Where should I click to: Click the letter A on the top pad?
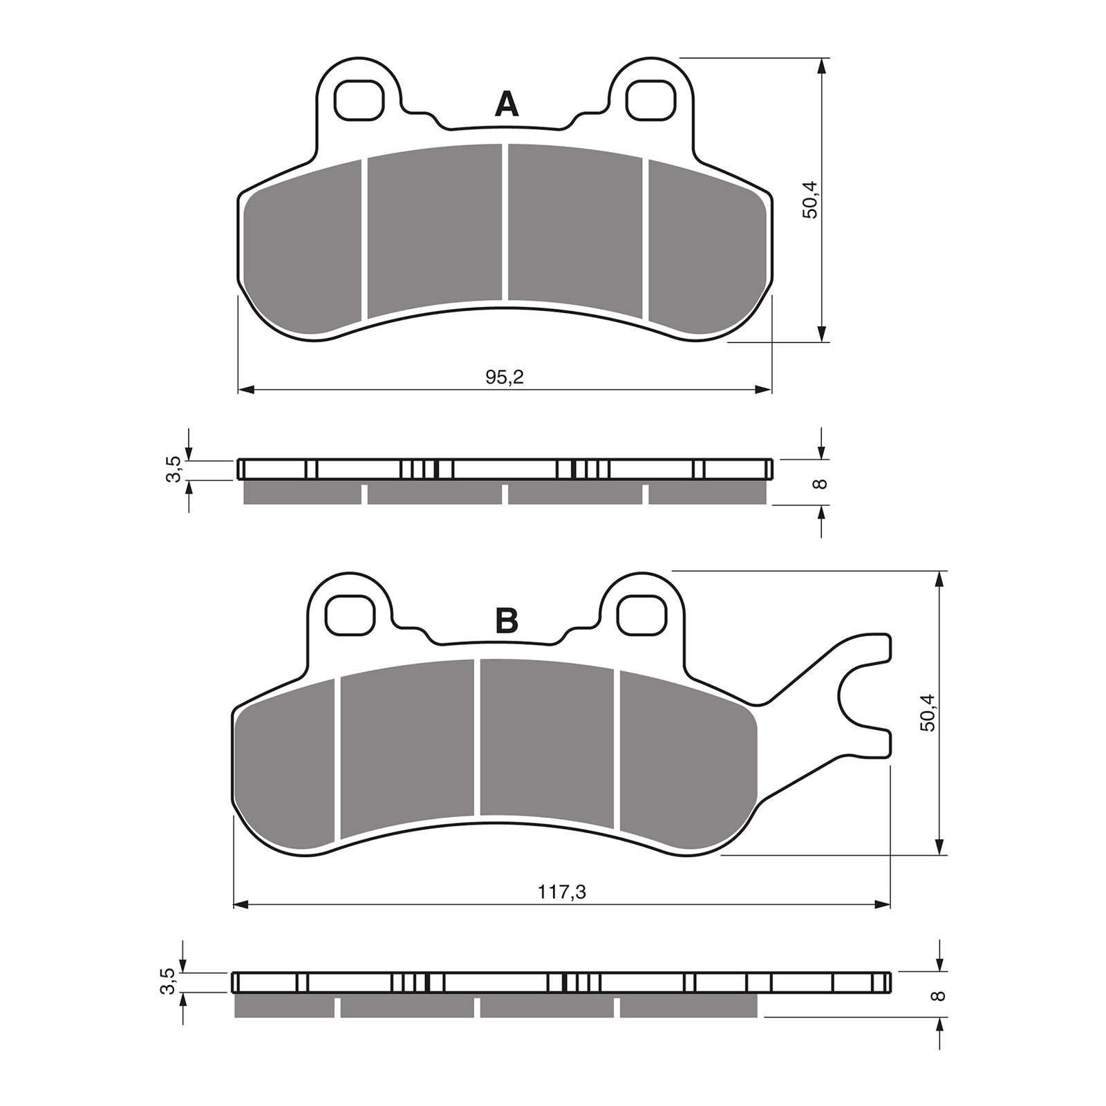click(x=507, y=104)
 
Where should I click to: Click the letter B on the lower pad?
click(x=507, y=621)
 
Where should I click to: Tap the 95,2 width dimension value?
click(x=505, y=377)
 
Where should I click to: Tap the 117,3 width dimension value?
click(x=562, y=892)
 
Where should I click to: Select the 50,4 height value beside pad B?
click(x=928, y=712)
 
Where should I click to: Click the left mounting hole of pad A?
click(x=358, y=99)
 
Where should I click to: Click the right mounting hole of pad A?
click(x=650, y=99)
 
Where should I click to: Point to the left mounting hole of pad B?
click(x=349, y=615)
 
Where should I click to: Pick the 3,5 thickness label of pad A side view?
click(x=174, y=469)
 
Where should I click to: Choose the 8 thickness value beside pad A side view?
click(x=821, y=482)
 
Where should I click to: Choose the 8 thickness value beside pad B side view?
click(x=938, y=995)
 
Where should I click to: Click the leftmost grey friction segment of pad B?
click(x=287, y=767)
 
